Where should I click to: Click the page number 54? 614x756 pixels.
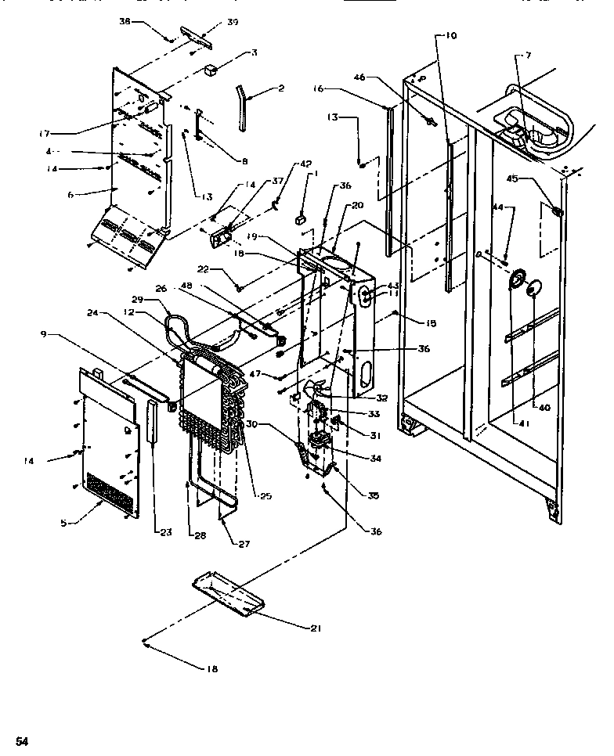point(23,740)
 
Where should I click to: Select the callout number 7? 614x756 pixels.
point(528,56)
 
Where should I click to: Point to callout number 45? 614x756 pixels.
point(512,178)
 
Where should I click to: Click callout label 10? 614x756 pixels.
point(450,36)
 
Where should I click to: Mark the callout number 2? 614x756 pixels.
point(280,89)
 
